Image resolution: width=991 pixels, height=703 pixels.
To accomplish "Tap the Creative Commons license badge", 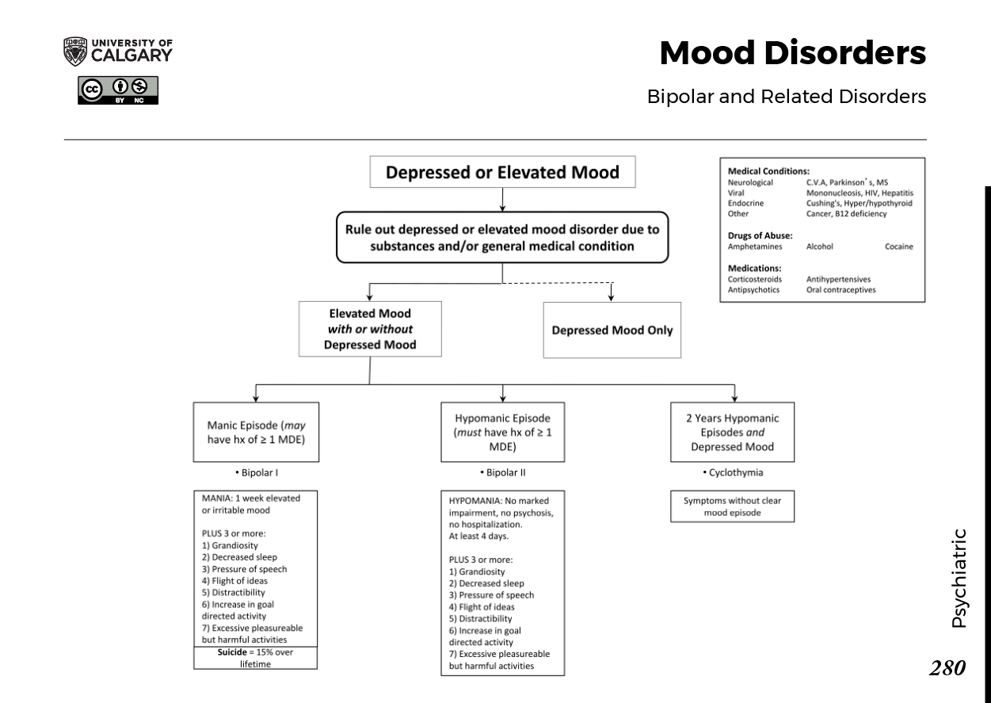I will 118,90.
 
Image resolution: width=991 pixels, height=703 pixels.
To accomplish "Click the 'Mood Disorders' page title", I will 792,53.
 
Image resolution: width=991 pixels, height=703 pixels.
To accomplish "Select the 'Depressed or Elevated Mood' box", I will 502,172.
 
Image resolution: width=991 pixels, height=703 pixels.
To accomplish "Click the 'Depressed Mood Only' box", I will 612,330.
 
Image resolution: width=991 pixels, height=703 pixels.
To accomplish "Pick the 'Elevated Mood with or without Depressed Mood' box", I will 370,329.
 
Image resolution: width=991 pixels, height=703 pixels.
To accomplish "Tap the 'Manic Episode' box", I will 256,432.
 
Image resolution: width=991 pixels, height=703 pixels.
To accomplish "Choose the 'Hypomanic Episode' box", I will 503,432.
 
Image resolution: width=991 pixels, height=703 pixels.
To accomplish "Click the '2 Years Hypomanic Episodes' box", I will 732,432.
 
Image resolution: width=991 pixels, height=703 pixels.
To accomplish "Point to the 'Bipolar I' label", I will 257,473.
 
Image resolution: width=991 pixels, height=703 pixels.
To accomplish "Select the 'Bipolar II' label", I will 503,473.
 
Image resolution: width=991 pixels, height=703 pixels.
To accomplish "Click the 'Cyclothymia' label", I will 733,473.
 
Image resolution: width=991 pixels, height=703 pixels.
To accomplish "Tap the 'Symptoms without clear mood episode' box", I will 732,506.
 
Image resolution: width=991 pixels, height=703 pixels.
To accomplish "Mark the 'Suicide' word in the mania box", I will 233,651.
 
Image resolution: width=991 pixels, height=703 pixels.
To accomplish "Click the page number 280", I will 947,668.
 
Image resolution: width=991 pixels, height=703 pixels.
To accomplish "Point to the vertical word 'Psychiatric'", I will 959,578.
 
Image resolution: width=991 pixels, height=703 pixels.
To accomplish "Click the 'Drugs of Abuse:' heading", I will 760,235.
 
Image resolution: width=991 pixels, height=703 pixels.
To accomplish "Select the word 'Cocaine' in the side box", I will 898,246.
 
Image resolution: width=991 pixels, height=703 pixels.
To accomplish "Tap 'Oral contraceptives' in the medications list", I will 840,290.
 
